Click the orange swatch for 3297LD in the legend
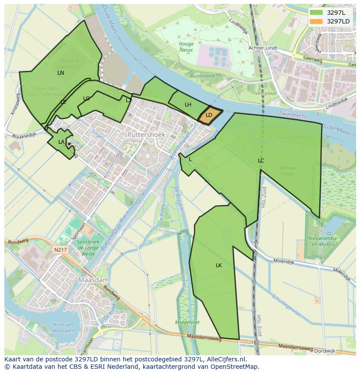point(317,21)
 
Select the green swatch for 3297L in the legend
point(317,13)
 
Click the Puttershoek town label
point(147,135)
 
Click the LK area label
point(219,265)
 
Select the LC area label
point(261,161)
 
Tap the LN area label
point(60,73)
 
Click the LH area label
point(188,105)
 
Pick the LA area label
point(61,142)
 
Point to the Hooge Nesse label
point(186,47)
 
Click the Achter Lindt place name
point(263,48)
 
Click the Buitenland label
point(202,76)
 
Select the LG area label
point(86,99)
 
